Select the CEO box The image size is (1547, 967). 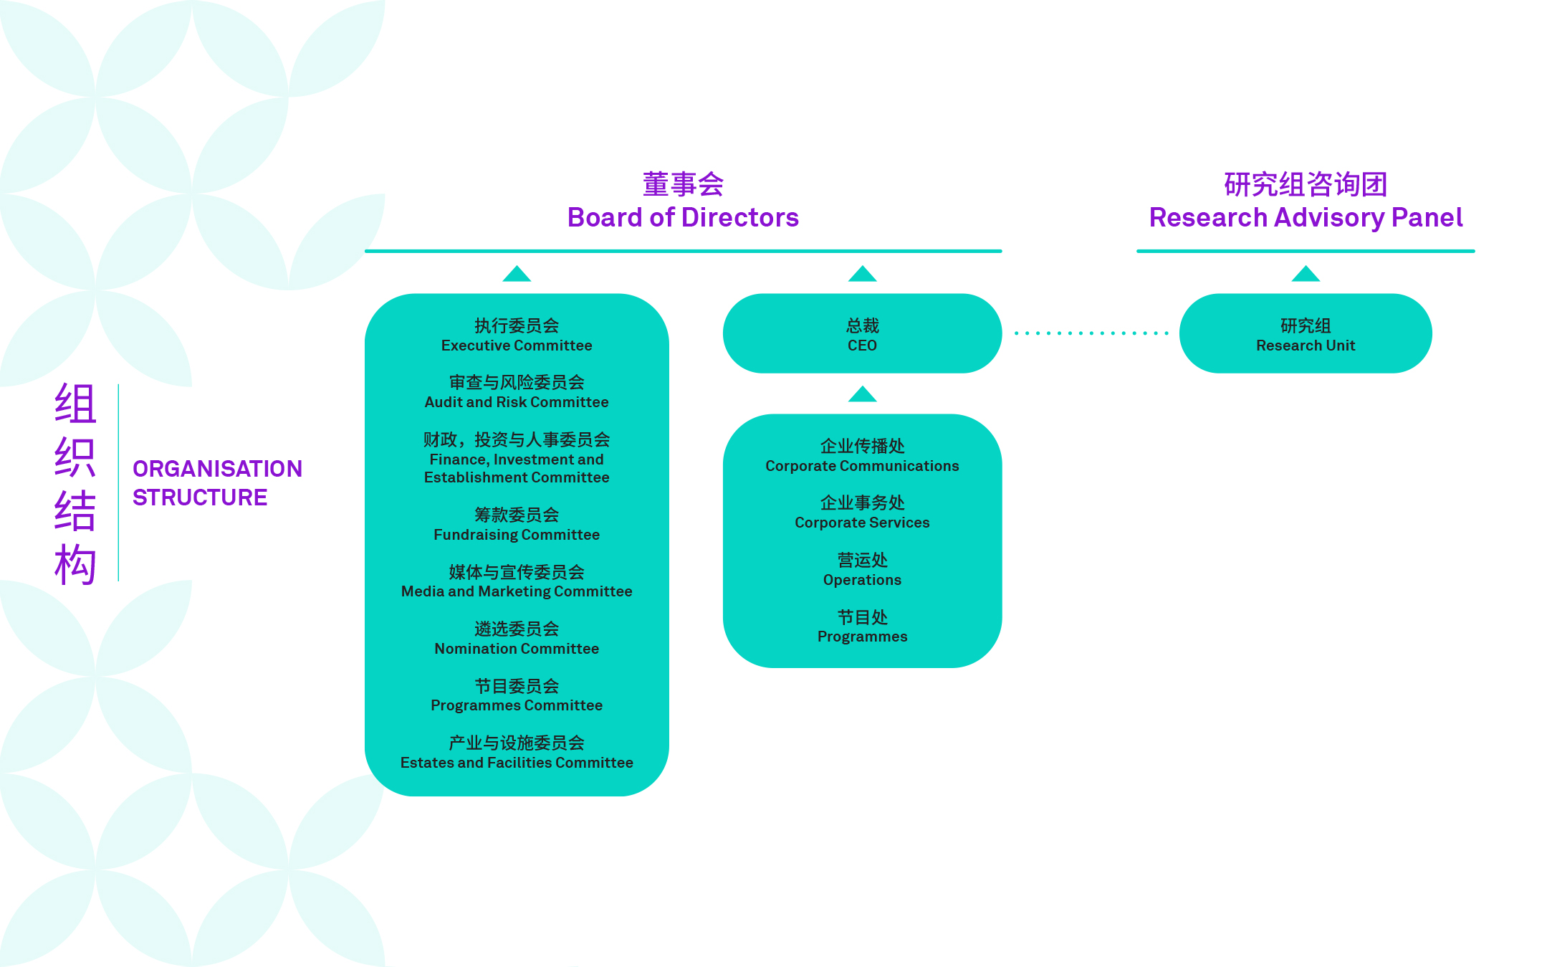pos(862,334)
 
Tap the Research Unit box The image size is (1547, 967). pos(1305,334)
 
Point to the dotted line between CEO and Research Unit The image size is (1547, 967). pos(1091,333)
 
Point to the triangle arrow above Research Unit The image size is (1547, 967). pos(1305,275)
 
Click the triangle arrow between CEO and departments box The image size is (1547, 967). pos(862,395)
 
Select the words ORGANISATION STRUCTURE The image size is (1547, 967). pos(216,483)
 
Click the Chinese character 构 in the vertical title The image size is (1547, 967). pos(75,565)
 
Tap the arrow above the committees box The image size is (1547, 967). pos(516,275)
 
